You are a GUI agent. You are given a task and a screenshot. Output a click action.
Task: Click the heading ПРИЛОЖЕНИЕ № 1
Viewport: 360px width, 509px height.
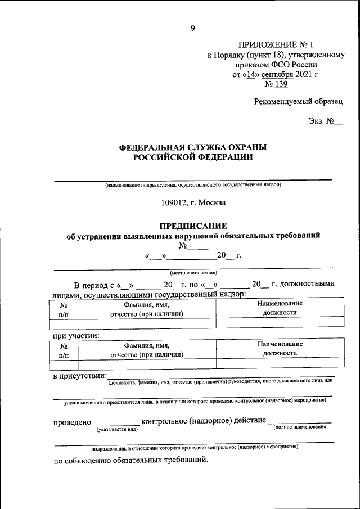[x=274, y=44]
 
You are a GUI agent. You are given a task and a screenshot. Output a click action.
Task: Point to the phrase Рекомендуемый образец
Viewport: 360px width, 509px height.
[x=298, y=101]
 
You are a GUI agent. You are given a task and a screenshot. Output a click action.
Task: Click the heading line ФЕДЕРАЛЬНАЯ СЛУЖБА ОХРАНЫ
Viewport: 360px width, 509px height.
[x=193, y=147]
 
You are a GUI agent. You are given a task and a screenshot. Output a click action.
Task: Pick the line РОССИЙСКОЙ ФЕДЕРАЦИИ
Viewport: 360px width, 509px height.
[x=193, y=157]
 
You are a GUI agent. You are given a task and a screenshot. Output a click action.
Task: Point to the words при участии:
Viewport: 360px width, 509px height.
[x=76, y=336]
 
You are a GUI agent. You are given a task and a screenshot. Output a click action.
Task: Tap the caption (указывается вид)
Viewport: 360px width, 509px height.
[x=116, y=429]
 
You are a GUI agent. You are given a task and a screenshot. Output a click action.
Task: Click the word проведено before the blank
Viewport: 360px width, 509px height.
[x=72, y=421]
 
